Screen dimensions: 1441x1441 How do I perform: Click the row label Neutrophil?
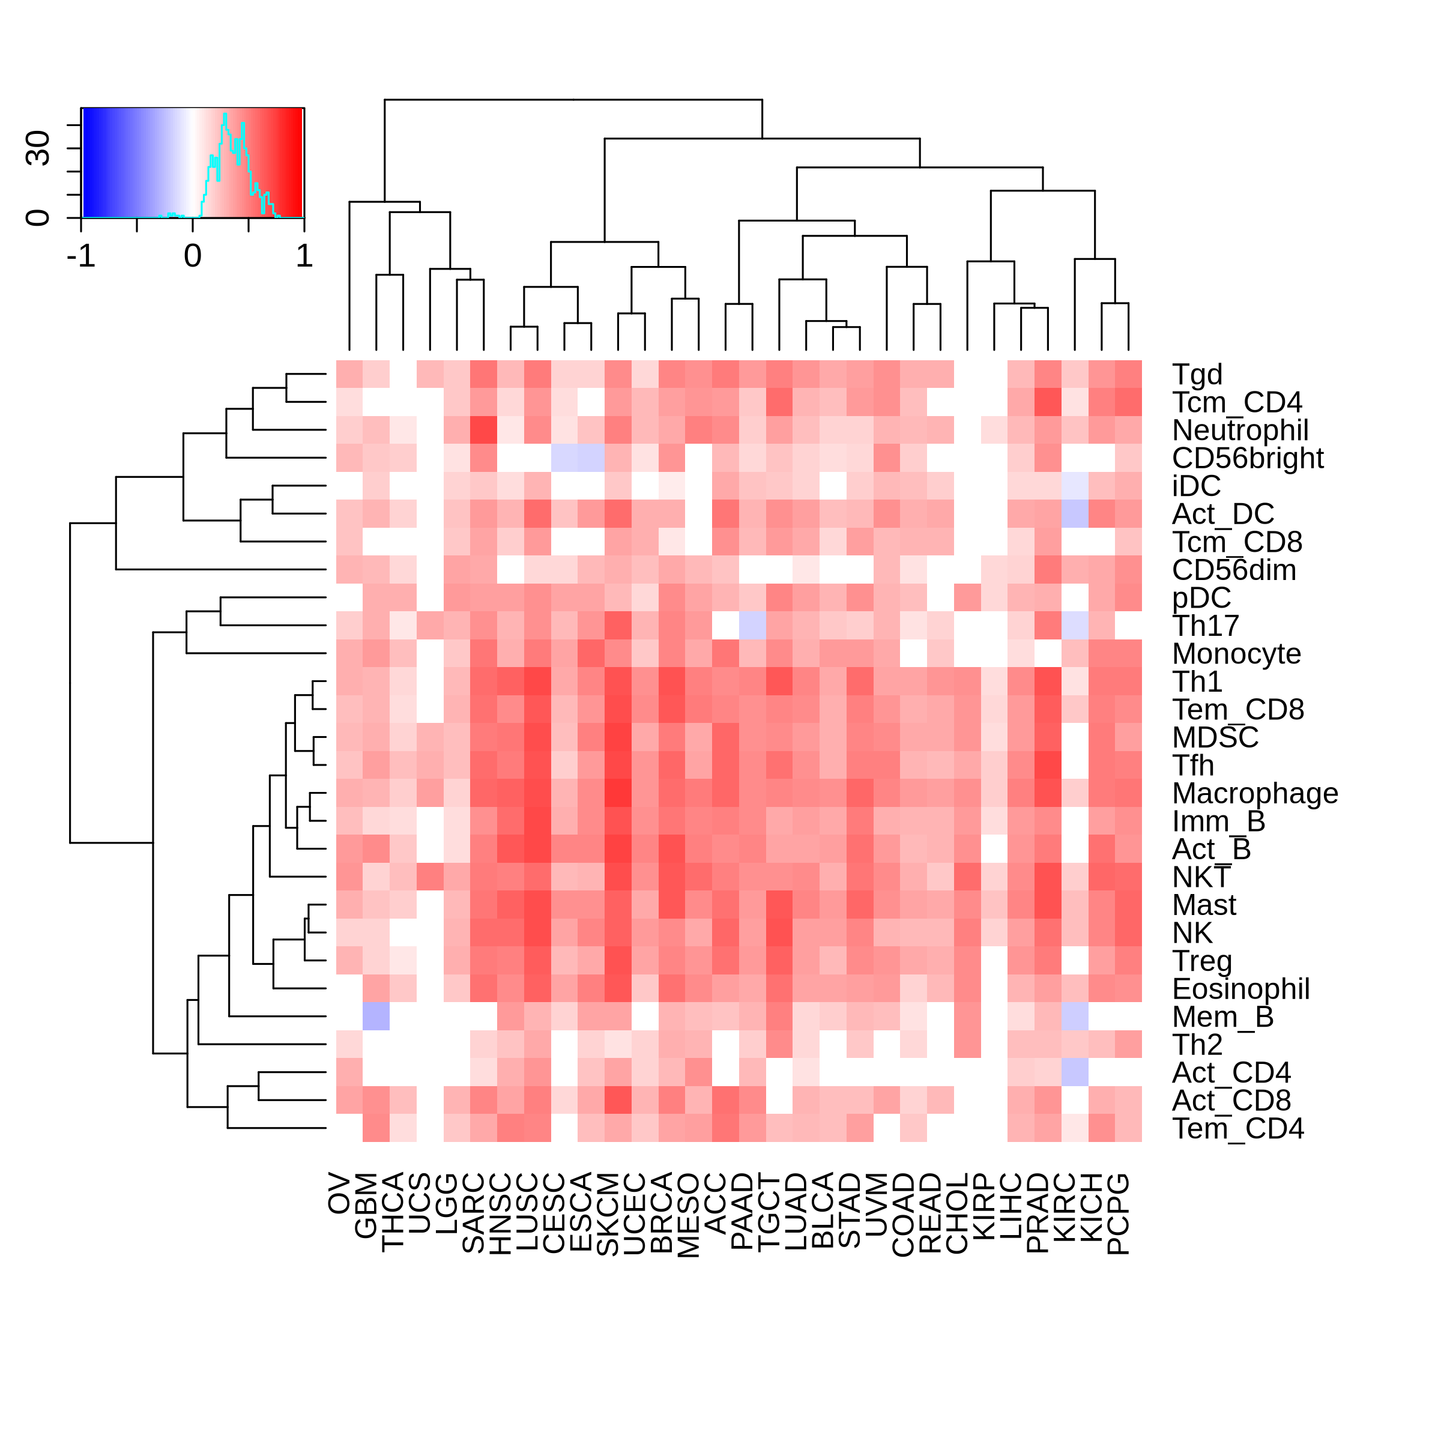(x=1240, y=430)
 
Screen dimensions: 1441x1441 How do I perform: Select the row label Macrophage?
(x=1254, y=794)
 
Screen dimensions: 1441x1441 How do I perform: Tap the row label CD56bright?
(x=1247, y=458)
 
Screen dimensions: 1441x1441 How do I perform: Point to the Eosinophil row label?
(x=1240, y=989)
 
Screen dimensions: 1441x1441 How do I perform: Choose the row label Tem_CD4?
(x=1237, y=1129)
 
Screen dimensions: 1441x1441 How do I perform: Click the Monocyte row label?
(x=1236, y=654)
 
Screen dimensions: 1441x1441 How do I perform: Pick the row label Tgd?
(x=1197, y=375)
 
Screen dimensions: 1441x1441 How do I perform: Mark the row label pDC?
(x=1201, y=598)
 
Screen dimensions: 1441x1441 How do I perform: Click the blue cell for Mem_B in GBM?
(x=376, y=1017)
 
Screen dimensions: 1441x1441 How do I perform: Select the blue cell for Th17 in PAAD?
(x=752, y=626)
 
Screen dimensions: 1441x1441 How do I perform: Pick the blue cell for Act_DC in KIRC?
(x=1075, y=514)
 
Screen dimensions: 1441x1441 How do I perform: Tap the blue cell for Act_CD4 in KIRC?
(x=1075, y=1072)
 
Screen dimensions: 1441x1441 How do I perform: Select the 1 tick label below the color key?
(x=304, y=256)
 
